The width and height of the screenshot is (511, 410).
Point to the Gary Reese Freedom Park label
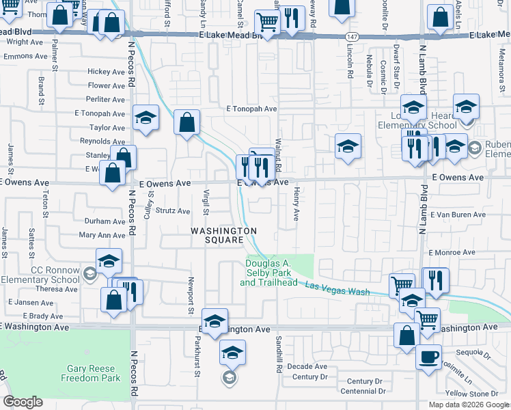coord(90,373)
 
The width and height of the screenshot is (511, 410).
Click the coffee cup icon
coord(428,357)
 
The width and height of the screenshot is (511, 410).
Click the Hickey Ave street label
coord(106,72)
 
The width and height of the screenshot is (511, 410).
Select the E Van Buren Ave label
coord(457,215)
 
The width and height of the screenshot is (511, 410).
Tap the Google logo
coord(23,402)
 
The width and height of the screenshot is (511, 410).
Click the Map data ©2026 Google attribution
coord(468,405)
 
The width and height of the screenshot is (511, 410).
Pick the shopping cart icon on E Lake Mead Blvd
coord(267,22)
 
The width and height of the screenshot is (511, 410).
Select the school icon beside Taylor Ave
coord(146,118)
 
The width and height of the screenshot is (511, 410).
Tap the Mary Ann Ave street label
coord(102,235)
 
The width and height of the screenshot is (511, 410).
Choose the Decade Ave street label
coord(307,366)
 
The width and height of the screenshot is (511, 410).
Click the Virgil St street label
coord(205,203)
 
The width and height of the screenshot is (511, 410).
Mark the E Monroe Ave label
coord(452,253)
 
